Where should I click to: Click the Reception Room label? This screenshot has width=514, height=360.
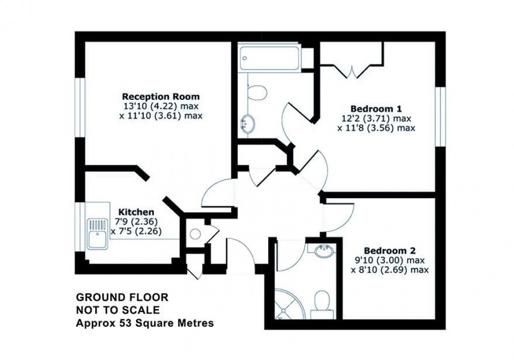point(161,96)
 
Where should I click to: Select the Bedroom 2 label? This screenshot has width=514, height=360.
point(390,251)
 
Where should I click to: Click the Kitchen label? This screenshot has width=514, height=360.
point(136,212)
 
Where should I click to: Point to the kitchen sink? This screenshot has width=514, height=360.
point(98,233)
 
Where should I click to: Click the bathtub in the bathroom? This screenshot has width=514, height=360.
point(270,58)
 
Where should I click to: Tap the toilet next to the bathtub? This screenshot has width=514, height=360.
point(258,93)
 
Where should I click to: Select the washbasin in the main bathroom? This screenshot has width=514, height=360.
point(247,123)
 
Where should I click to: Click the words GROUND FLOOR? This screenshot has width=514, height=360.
point(121,297)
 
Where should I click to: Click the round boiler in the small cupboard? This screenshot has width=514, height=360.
point(196,233)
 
